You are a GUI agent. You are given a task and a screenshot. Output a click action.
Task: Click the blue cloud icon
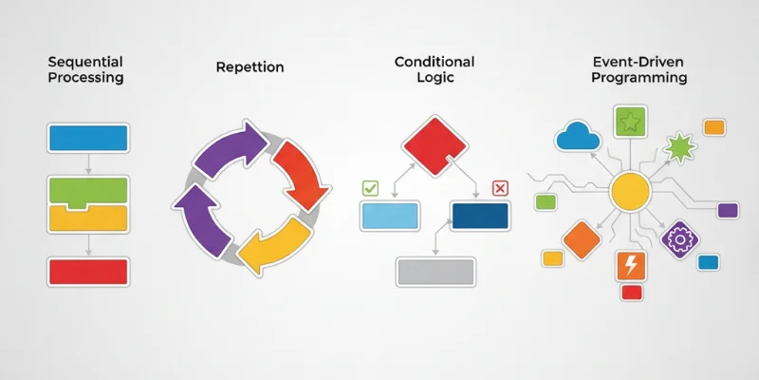(579, 139)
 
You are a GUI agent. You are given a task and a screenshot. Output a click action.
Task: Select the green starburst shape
(680, 147)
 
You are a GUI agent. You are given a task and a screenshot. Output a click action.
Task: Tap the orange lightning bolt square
(630, 265)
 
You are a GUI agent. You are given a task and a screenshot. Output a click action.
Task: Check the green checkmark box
(371, 188)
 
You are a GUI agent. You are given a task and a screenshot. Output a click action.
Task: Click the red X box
(501, 188)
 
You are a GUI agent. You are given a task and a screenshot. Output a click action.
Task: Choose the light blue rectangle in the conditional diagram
(391, 217)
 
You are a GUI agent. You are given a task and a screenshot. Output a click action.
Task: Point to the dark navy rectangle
(480, 216)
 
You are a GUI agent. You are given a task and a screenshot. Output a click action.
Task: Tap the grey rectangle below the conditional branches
(434, 271)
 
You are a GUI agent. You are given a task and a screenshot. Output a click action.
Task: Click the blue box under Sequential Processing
(87, 138)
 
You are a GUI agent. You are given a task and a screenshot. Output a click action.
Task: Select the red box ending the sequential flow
(87, 272)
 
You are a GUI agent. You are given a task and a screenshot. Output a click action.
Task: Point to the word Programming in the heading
(639, 78)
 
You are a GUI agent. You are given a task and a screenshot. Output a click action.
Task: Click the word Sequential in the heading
(86, 61)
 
